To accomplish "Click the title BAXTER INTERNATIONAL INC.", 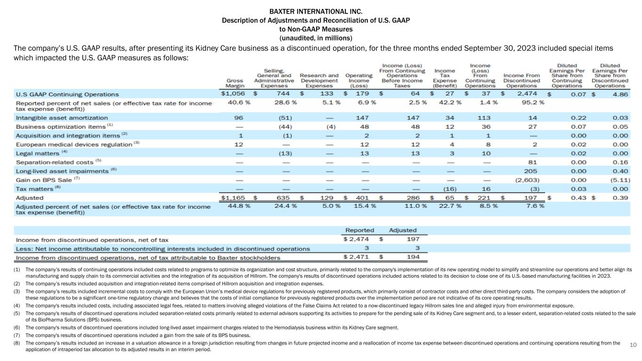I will [x=316, y=11].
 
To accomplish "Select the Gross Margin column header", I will [x=235, y=83].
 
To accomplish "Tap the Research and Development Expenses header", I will [x=319, y=80].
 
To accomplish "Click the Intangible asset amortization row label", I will [x=62, y=118].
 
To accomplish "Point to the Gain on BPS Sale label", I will [x=44, y=180].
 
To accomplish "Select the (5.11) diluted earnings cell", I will [x=618, y=180].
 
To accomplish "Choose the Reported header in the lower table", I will [x=360, y=230].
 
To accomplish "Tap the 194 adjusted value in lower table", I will [x=409, y=258].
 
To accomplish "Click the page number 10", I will [x=633, y=345].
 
